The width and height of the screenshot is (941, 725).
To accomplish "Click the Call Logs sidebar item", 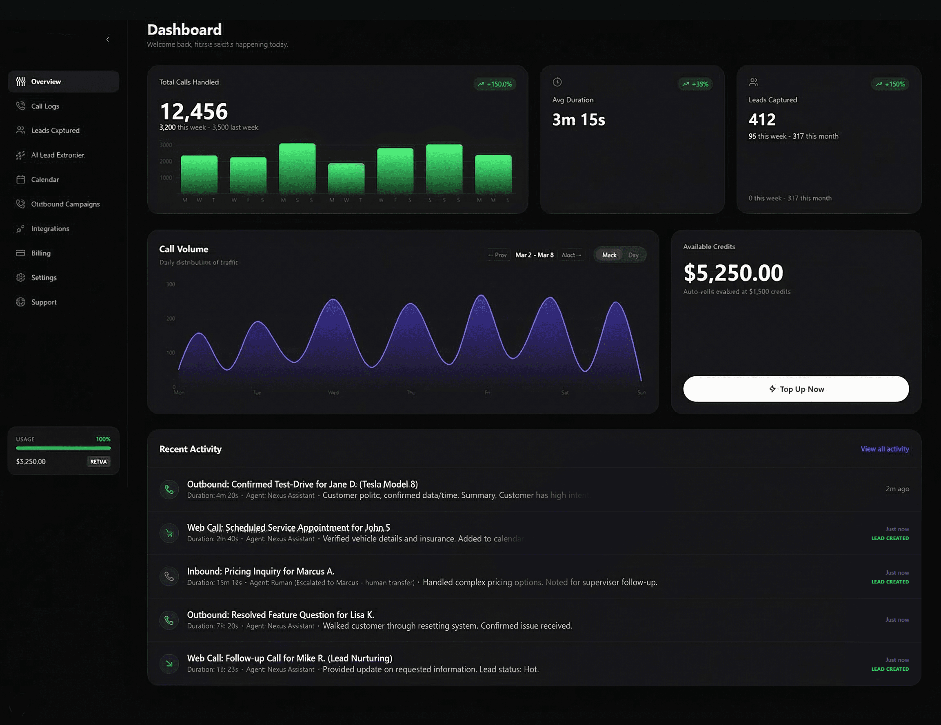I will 45,106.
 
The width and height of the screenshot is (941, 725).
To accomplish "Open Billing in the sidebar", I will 40,253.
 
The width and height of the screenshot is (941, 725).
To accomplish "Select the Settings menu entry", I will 44,277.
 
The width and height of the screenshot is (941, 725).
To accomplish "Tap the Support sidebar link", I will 44,302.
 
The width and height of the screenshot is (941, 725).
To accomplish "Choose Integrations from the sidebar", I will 50,228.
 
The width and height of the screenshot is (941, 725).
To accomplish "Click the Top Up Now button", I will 796,389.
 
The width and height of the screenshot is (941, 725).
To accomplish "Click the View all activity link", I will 885,449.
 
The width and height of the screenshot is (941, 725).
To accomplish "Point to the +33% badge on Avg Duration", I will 695,84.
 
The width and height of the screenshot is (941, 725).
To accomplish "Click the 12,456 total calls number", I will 193,111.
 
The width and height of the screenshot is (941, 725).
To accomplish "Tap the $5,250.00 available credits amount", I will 733,273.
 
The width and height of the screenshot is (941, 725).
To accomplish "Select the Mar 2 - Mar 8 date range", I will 534,255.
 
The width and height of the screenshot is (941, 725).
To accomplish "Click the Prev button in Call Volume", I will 498,255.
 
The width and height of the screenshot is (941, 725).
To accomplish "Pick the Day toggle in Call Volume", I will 633,255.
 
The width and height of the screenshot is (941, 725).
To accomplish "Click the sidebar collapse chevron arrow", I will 108,39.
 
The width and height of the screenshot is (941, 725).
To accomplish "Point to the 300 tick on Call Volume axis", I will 171,284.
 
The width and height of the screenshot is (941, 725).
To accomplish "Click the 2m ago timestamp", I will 897,488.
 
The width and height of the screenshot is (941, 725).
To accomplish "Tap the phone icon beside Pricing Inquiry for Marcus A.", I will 169,576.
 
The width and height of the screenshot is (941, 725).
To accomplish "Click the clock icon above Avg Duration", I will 557,82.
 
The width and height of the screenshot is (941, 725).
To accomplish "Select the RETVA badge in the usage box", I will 98,461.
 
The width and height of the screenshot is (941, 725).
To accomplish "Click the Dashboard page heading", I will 184,30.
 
